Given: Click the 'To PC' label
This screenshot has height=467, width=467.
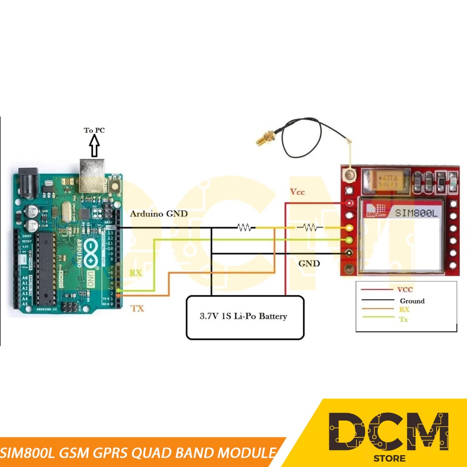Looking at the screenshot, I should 94,130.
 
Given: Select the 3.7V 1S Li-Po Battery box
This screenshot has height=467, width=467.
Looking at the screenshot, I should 245,317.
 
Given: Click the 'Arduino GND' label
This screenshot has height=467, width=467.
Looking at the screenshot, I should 159,213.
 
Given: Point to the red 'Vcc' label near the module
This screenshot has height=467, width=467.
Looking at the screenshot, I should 297,192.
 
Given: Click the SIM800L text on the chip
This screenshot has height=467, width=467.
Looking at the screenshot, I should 415,212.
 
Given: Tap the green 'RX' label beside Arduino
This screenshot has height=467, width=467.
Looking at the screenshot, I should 136,273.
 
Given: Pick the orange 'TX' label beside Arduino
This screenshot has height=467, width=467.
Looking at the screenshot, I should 137,309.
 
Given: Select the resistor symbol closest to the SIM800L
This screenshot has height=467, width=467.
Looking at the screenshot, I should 310,227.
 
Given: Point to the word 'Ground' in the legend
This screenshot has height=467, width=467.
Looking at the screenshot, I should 412,301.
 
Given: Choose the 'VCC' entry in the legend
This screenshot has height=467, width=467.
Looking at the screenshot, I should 405,289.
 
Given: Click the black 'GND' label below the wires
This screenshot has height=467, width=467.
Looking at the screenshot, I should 309,264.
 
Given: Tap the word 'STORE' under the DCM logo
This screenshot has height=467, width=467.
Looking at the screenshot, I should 389,458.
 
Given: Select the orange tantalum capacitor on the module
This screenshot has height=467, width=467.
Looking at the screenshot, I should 384,181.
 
